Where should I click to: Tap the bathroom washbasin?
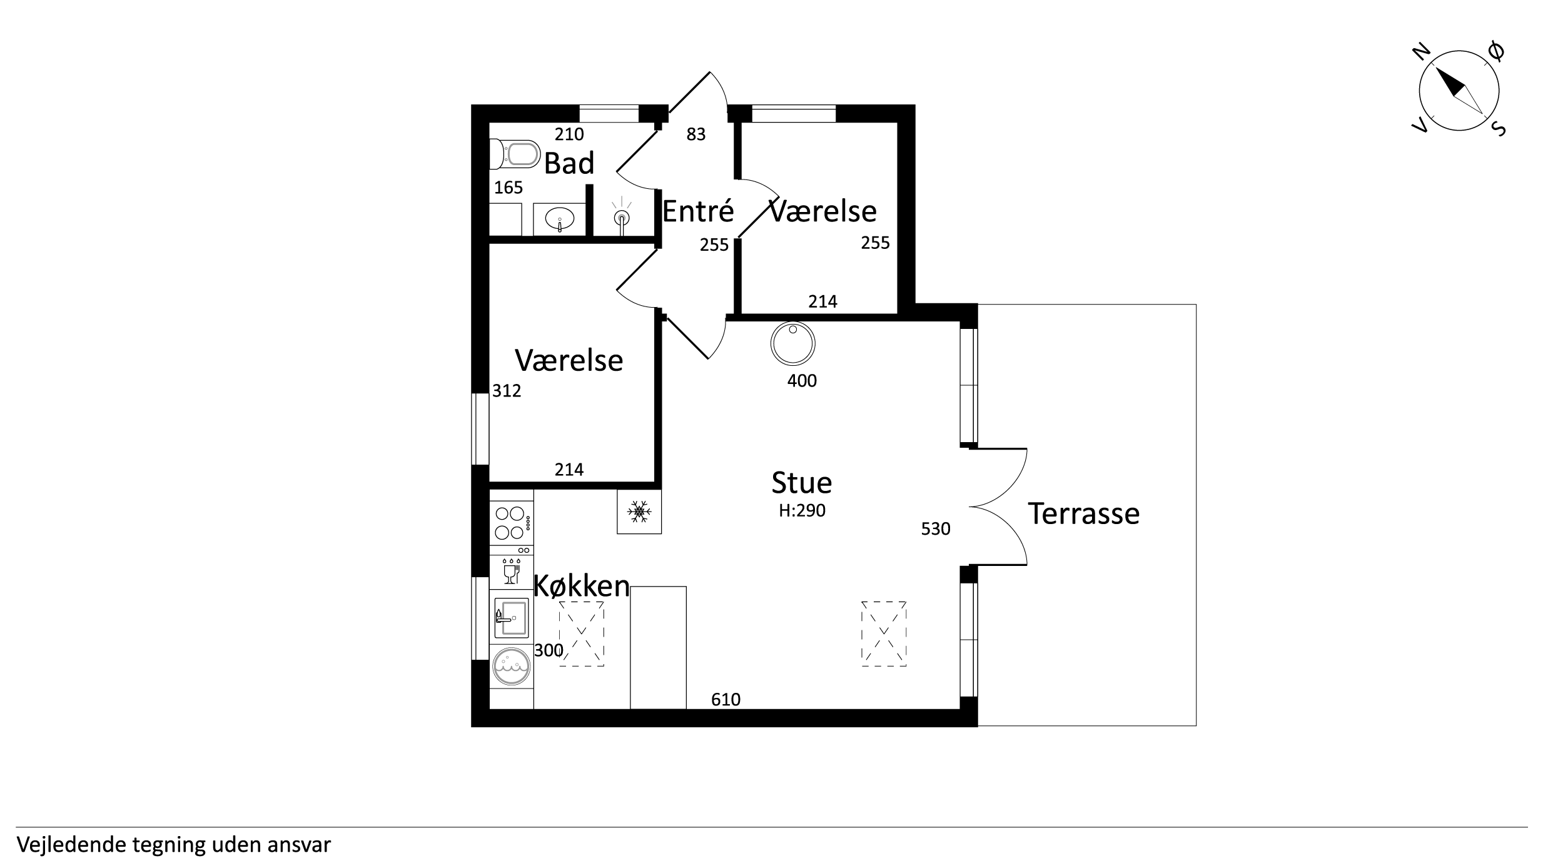point(559,220)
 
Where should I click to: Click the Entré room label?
point(697,211)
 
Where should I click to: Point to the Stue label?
point(802,483)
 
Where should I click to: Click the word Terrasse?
point(1084,513)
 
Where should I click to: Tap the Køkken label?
point(581,586)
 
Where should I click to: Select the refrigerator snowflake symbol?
point(639,512)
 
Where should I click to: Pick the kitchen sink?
point(511,618)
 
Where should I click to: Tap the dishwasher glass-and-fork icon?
point(511,571)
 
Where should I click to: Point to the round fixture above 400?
point(793,343)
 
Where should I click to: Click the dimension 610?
point(726,699)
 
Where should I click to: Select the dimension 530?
point(936,529)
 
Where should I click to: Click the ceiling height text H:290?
point(802,510)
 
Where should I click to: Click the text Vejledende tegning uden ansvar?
point(173,845)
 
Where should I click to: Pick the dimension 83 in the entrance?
point(696,134)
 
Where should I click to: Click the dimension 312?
point(507,391)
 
